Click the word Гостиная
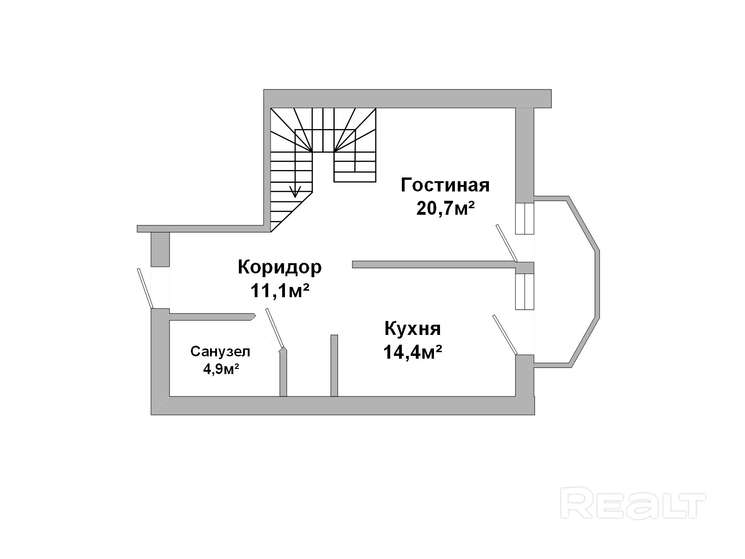tap(445, 185)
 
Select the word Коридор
tap(279, 267)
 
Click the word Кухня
tap(413, 329)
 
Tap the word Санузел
tap(220, 351)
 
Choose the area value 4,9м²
tap(221, 369)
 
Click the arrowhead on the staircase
tap(294, 191)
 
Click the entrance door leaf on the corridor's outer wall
tap(145, 288)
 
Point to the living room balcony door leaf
tap(507, 243)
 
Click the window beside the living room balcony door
tap(524, 218)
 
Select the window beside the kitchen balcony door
tap(524, 291)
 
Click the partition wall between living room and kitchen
tap(433, 265)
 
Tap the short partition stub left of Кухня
tap(334, 365)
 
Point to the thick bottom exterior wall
tap(342, 406)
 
